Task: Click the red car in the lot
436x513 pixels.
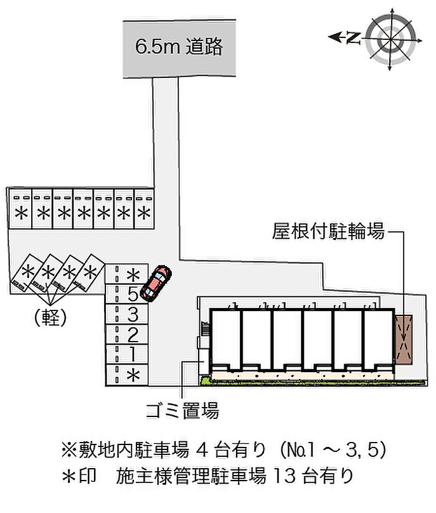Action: [x=156, y=282]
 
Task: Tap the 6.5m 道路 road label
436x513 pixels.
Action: [x=179, y=47]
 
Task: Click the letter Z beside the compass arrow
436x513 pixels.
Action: [x=353, y=39]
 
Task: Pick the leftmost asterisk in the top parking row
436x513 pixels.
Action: [x=21, y=213]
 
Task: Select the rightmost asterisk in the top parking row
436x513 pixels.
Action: [x=144, y=213]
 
